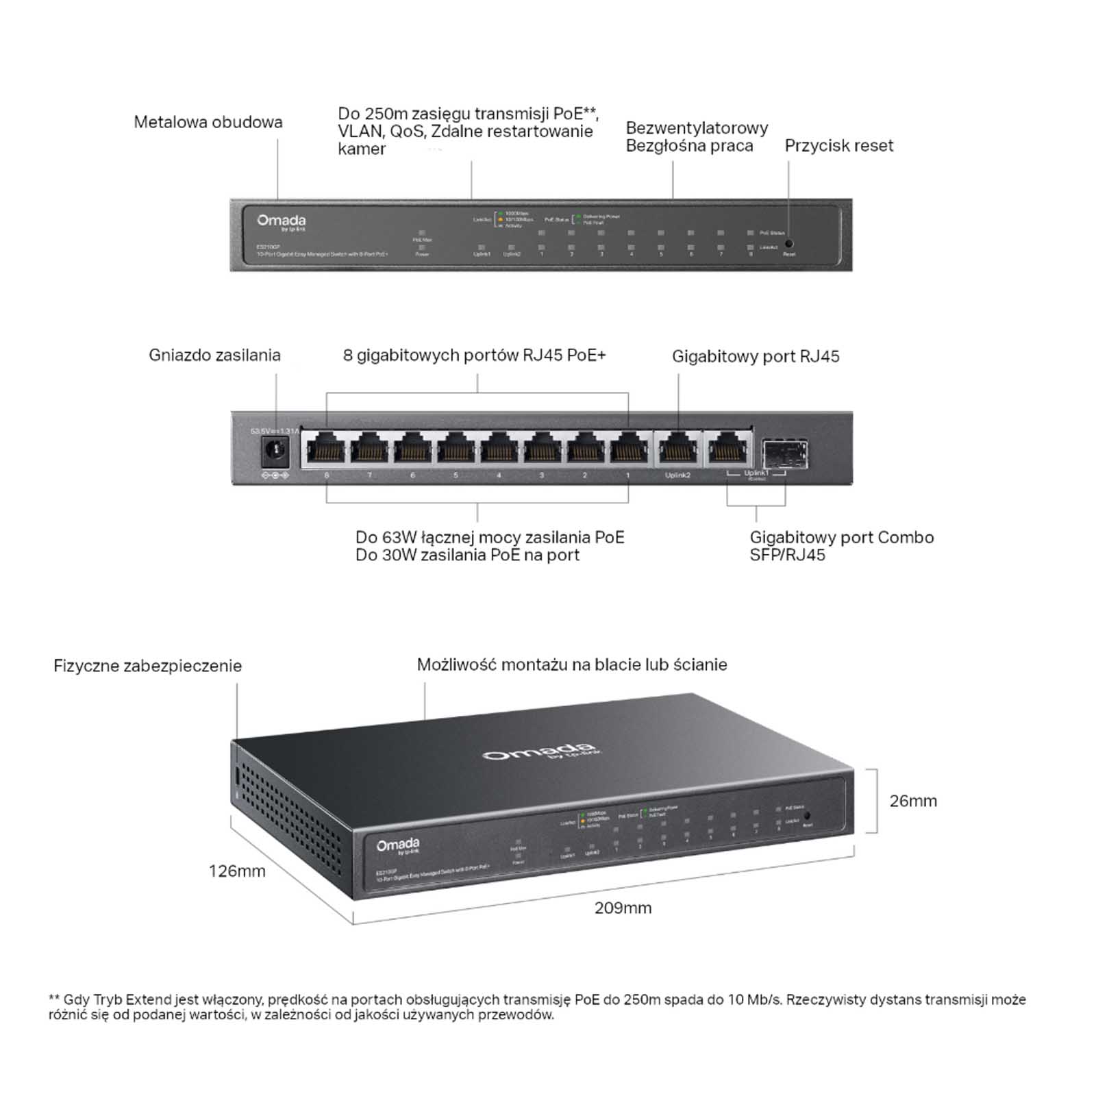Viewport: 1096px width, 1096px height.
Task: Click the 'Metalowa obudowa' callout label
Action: pos(208,123)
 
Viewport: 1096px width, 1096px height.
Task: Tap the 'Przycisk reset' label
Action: pos(838,146)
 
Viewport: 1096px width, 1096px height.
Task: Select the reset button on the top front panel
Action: pos(788,243)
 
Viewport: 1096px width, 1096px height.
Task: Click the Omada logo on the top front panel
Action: pos(282,221)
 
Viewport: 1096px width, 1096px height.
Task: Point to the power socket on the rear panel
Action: pos(275,451)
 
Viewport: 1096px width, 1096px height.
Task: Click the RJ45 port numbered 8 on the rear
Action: pos(326,451)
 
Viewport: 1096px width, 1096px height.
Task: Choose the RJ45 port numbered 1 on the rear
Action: pos(628,451)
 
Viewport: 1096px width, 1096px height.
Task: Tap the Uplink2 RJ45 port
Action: pos(677,451)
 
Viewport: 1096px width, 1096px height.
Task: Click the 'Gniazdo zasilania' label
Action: pos(214,356)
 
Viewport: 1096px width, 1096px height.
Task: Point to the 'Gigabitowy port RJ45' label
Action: pos(755,357)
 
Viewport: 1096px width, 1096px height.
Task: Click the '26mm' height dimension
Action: pos(912,801)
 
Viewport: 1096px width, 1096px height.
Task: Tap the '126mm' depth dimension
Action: pos(237,871)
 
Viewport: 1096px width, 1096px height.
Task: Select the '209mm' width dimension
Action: pos(623,908)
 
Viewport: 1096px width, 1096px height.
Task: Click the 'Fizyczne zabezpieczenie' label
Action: pos(147,666)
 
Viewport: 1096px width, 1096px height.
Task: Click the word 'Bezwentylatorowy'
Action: pos(697,128)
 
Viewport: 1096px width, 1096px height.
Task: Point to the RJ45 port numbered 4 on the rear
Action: pos(499,451)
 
